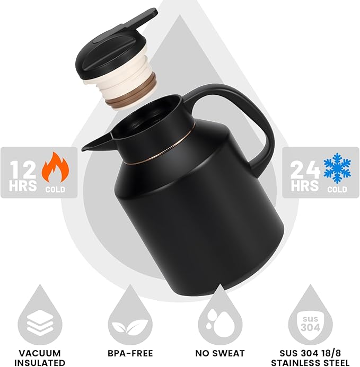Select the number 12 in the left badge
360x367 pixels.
(23, 169)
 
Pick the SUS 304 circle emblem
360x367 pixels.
(311, 320)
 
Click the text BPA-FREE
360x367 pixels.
(130, 353)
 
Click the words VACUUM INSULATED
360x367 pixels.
(40, 357)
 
